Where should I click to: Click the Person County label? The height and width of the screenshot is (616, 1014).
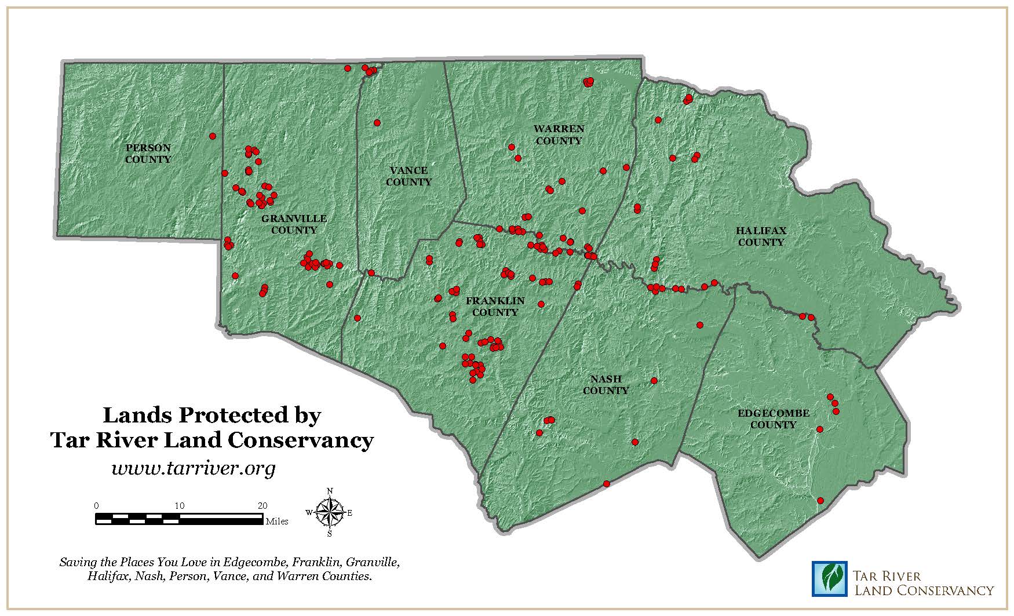(148, 154)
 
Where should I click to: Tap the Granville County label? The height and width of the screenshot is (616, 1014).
(294, 224)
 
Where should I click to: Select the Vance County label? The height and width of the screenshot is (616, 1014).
(408, 176)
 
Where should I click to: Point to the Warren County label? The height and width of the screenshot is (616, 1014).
(559, 134)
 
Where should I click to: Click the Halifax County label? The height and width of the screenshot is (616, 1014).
(761, 236)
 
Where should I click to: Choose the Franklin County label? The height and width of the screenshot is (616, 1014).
(495, 307)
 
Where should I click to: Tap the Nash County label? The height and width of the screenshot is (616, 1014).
(606, 385)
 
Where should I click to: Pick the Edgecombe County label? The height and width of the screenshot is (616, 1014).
(773, 419)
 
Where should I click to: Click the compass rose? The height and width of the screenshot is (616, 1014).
(330, 513)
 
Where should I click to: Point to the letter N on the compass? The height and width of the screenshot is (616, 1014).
(330, 491)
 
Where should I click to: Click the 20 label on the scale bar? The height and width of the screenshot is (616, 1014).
(262, 505)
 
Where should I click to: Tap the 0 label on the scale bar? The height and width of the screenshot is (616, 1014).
(97, 505)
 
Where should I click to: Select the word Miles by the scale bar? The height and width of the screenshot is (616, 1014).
(277, 522)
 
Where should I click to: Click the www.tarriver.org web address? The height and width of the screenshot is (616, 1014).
(193, 468)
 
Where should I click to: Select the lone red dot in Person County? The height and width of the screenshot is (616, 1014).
(213, 136)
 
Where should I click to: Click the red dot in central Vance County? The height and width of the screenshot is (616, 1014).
(377, 123)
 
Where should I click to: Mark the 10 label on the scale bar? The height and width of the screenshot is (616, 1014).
(179, 505)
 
